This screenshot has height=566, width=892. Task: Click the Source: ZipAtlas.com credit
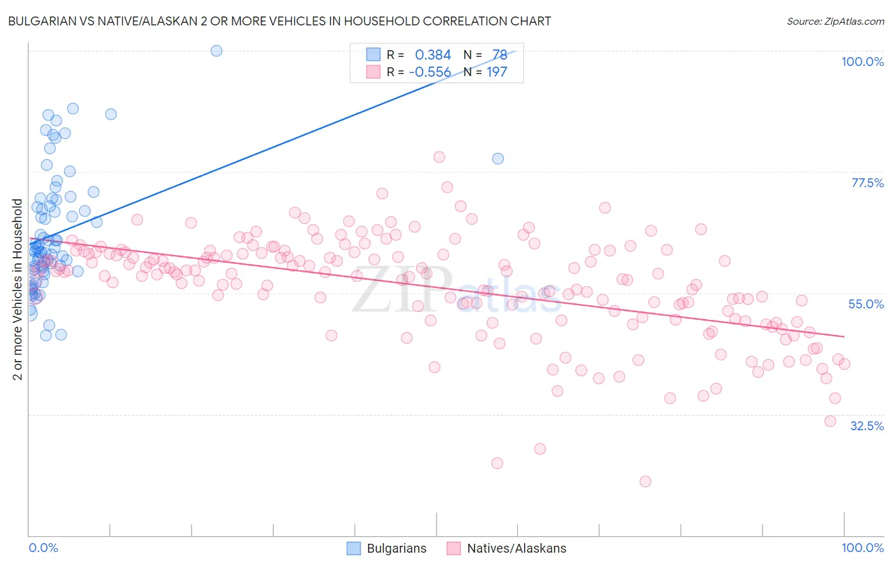[x=835, y=21]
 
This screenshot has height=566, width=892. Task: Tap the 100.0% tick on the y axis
[x=862, y=62]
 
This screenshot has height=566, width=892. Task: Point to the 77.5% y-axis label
[x=867, y=183]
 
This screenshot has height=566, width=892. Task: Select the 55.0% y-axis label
[x=866, y=304]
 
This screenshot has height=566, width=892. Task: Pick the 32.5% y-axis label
[x=867, y=426]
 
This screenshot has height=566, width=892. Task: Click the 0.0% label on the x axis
[x=43, y=548]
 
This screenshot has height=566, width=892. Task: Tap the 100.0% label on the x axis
[x=862, y=548]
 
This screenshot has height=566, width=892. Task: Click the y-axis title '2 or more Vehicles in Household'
[x=18, y=289]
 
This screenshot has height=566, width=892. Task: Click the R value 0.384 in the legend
[x=433, y=55]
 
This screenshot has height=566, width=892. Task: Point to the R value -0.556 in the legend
[x=430, y=72]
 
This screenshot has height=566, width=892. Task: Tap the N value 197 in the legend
[x=497, y=72]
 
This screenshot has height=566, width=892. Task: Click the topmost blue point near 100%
[x=216, y=51]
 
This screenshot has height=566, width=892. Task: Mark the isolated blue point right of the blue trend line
[x=498, y=159]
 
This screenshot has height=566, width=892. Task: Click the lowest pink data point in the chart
[x=645, y=481]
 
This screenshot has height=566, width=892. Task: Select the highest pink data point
[x=439, y=157]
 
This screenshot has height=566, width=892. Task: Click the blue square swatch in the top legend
[x=373, y=55]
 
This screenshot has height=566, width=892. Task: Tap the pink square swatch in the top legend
[x=373, y=72]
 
